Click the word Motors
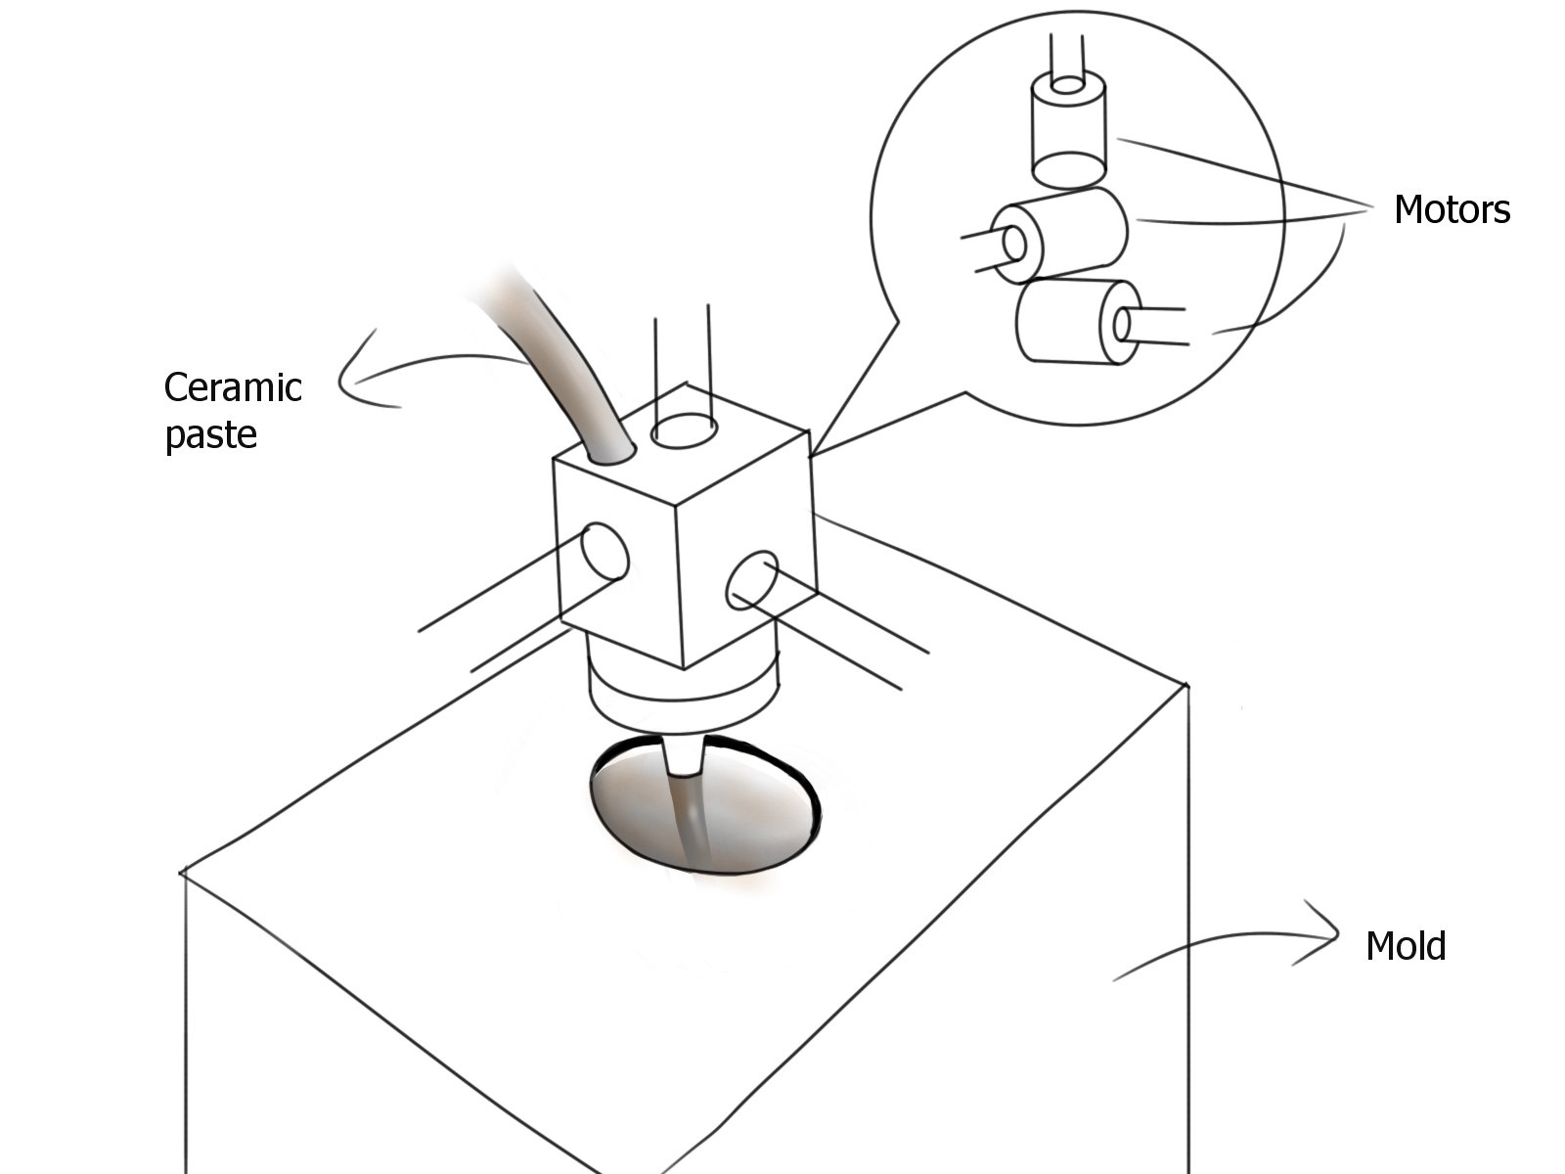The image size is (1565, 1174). tap(1452, 209)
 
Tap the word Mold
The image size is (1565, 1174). tap(1405, 946)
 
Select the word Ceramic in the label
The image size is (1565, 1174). tap(233, 387)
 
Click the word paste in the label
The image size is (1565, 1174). tap(210, 433)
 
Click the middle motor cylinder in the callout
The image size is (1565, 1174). tap(1061, 235)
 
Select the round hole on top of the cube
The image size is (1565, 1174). tap(686, 431)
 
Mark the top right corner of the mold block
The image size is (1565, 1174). tap(1186, 685)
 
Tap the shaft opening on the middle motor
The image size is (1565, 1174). tap(1009, 241)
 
